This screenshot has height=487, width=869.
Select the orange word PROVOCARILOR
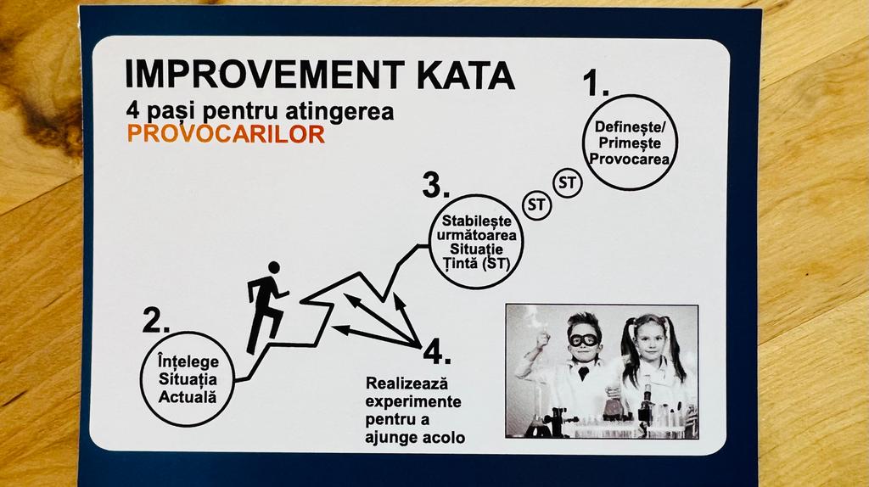226,134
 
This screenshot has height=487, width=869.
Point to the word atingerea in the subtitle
339,111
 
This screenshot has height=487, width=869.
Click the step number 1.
596,84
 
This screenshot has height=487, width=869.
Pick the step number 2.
156,320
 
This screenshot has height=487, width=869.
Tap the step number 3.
435,185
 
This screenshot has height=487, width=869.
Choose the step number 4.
437,351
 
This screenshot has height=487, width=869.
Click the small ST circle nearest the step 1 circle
568,169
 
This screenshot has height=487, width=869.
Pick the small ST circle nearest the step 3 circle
536,191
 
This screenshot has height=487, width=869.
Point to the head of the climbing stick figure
274,267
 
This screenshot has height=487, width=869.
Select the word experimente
413,401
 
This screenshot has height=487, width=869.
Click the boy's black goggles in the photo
584,339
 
